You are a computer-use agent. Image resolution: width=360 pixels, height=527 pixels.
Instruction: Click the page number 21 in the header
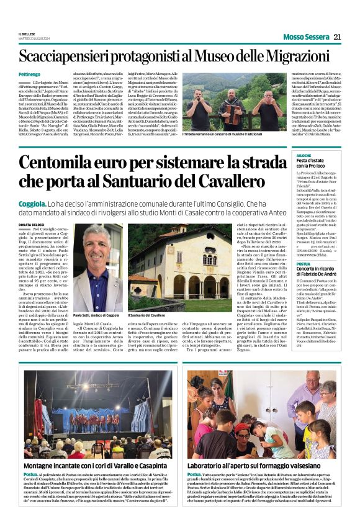(x=338, y=36)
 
